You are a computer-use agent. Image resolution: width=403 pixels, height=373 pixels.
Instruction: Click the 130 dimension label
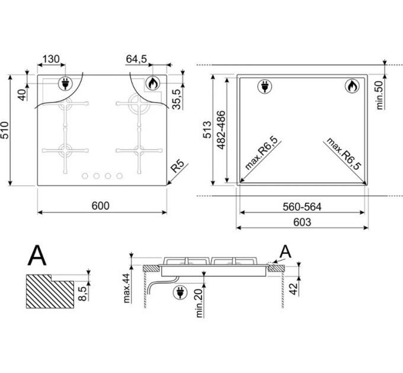(x=51, y=59)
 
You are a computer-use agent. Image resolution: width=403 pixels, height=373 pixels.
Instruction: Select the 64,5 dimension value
(x=136, y=59)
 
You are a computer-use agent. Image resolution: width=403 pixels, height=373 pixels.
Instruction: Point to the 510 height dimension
(x=5, y=130)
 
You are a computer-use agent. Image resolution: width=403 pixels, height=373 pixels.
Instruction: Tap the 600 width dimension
(x=101, y=205)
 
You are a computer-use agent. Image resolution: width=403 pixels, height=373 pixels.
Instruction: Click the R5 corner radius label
(x=178, y=166)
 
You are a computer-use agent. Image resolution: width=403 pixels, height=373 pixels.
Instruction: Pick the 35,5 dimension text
(x=177, y=99)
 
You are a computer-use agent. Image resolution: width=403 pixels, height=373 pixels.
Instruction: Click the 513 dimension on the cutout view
(x=207, y=130)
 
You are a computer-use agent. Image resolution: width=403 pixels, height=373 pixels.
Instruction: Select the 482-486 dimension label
(x=221, y=130)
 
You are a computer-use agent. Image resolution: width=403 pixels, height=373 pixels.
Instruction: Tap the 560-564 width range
(x=302, y=207)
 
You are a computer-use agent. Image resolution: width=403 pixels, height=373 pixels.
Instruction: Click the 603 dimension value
(x=302, y=222)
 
